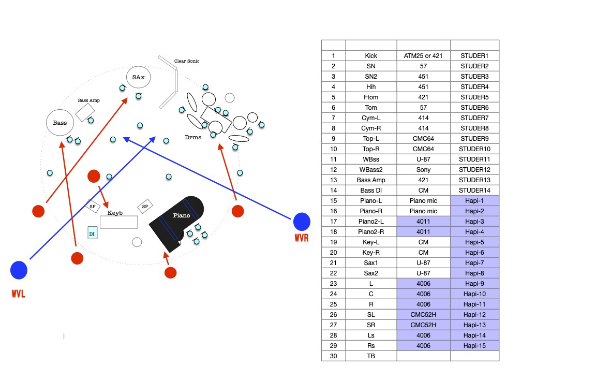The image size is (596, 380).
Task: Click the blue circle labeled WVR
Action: coord(302,222)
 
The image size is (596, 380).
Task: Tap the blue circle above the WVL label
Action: coord(19,270)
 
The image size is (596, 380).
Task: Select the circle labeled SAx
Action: coord(138,77)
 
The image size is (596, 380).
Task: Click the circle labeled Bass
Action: coord(60,123)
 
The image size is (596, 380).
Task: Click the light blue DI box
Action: coord(92,233)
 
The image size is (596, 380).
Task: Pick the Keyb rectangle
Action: coord(118,222)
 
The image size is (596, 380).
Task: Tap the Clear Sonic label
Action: coord(187,61)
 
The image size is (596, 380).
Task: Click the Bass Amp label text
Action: coord(88,100)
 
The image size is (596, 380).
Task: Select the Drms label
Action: coord(193,137)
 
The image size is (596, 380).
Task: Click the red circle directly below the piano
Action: coord(170,272)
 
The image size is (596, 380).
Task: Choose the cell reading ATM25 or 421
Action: coord(423,55)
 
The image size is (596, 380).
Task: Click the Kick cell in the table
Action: coord(371,55)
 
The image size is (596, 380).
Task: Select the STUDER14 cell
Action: coord(474,190)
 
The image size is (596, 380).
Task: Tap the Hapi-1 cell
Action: coord(474,200)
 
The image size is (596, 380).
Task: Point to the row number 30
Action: coord(333,356)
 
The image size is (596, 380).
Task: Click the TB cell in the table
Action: coord(371,356)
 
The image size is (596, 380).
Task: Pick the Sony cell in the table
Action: coord(423,169)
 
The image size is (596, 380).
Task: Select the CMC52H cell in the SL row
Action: coord(423,315)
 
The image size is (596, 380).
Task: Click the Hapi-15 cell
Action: coord(474,346)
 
